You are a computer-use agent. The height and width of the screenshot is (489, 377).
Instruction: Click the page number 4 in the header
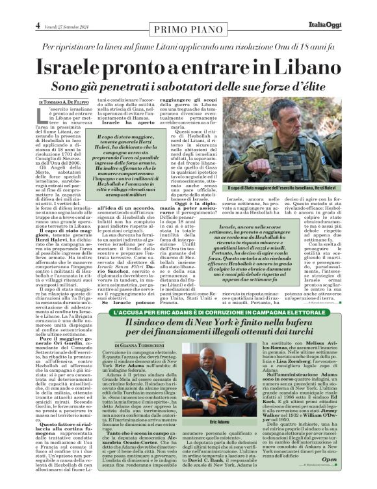[x=38, y=25]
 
